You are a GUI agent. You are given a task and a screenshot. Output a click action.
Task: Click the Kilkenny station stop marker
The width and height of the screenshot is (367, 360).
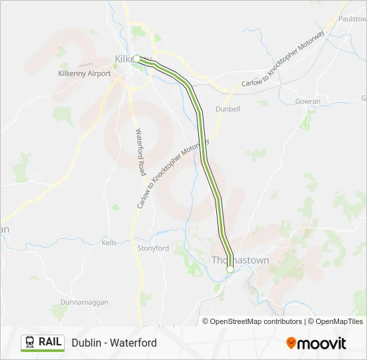point(137,59)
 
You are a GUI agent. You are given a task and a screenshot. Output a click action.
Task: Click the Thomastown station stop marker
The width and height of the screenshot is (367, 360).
point(230,269)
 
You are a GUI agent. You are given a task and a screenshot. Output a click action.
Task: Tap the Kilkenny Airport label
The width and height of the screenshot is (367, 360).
point(85,73)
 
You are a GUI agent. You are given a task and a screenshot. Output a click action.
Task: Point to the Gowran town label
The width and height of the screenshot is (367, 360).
point(308,101)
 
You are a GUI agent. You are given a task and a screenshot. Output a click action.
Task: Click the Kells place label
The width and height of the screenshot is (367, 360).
point(109,243)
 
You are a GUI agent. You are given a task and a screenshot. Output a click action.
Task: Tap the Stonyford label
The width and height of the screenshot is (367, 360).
point(153,248)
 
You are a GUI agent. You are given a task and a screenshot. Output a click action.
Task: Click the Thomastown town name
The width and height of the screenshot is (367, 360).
point(240,260)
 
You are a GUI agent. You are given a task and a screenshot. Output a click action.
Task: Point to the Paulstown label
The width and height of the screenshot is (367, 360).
point(352,19)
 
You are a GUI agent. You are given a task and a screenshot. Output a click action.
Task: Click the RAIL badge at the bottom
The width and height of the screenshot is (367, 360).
point(43,342)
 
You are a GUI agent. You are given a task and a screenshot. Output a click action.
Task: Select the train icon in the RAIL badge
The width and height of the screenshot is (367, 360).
point(30,342)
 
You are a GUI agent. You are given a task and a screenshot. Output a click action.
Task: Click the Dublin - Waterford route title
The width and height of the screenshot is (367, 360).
point(114,343)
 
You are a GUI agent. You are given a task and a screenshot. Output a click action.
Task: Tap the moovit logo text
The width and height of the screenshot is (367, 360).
point(322,343)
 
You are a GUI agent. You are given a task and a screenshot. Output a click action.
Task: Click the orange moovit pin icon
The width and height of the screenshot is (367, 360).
point(291,343)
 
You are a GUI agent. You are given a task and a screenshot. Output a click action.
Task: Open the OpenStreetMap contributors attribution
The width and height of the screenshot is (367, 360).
point(252,321)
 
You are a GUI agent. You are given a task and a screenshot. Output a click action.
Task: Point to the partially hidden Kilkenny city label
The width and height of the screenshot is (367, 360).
point(124,59)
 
